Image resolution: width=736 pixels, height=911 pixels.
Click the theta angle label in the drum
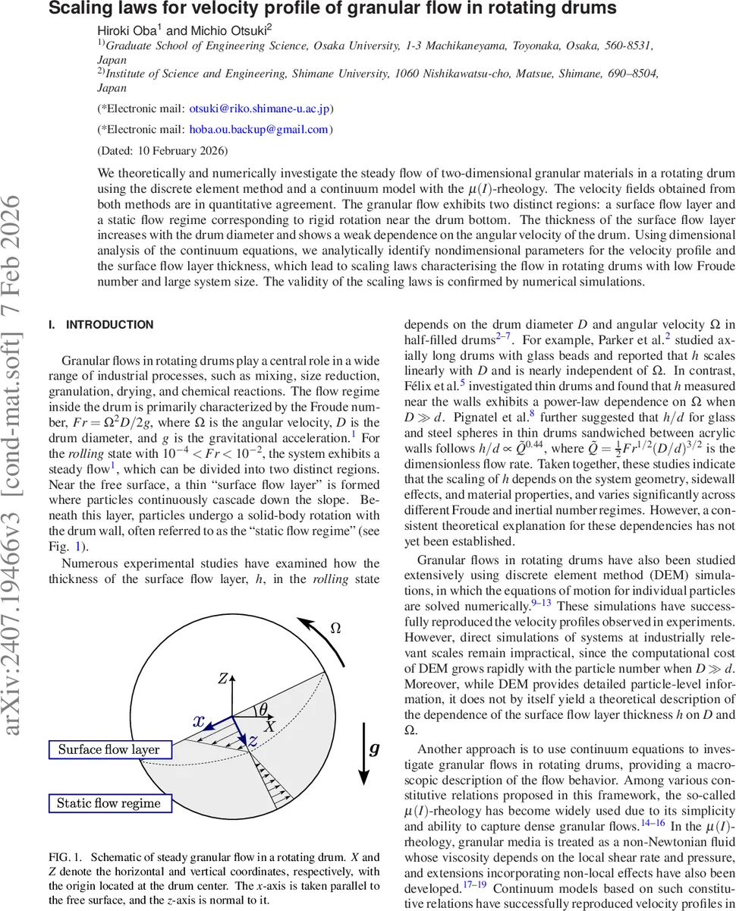[x=263, y=711]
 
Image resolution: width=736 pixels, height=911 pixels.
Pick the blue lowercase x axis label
[x=199, y=721]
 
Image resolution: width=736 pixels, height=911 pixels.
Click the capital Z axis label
[x=223, y=678]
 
